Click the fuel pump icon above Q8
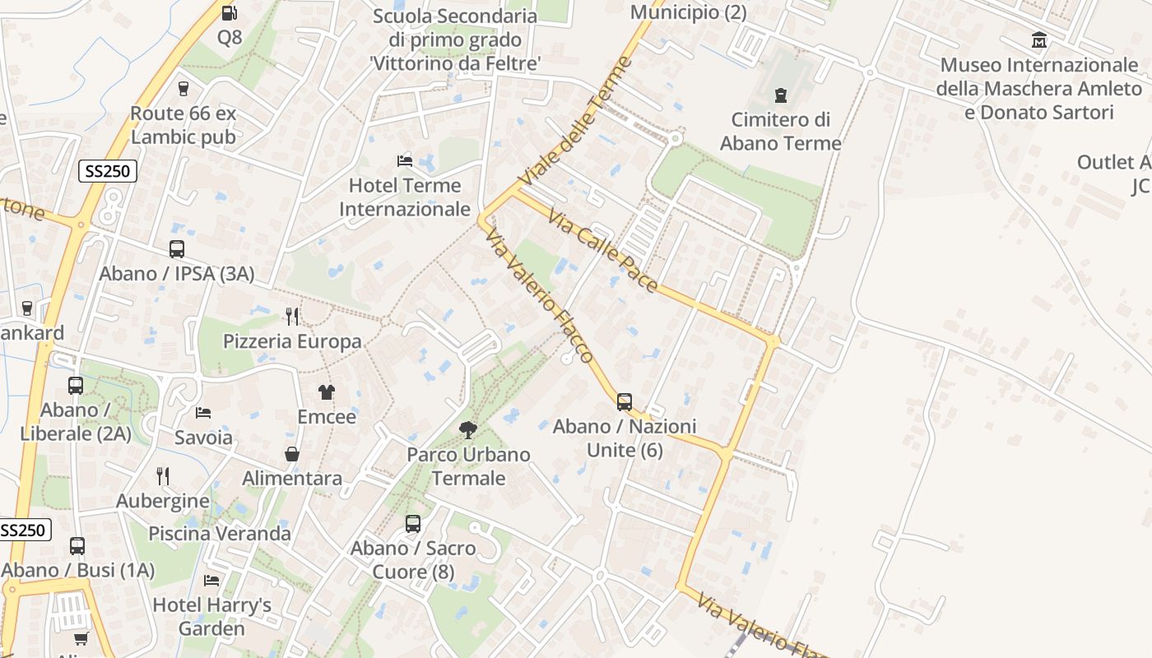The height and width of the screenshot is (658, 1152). (x=230, y=12)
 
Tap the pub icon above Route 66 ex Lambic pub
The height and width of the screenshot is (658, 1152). (x=183, y=88)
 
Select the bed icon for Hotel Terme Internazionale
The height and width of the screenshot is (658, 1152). (x=405, y=160)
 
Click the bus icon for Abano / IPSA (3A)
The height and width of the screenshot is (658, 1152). (x=176, y=248)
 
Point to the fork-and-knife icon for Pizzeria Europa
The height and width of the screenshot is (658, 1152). (x=291, y=316)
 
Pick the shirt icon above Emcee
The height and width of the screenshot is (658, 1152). (x=327, y=392)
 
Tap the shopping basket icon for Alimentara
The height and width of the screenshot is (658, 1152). (x=292, y=453)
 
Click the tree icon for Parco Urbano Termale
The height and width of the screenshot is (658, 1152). (x=468, y=429)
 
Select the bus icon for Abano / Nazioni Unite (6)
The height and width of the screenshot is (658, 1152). (x=625, y=401)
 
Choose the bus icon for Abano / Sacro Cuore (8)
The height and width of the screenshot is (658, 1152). (x=413, y=523)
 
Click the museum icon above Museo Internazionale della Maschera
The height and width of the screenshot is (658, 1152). (x=1039, y=39)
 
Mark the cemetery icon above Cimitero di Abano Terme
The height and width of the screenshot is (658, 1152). (x=781, y=95)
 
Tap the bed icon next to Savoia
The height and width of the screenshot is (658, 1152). (x=203, y=412)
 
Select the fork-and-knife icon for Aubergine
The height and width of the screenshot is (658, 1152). (x=163, y=475)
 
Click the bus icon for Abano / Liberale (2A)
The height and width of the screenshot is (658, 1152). (x=76, y=385)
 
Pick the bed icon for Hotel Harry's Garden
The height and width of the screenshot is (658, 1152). (x=211, y=580)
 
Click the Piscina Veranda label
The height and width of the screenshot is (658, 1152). (x=220, y=533)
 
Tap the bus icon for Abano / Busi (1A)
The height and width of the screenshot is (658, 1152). (x=77, y=545)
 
